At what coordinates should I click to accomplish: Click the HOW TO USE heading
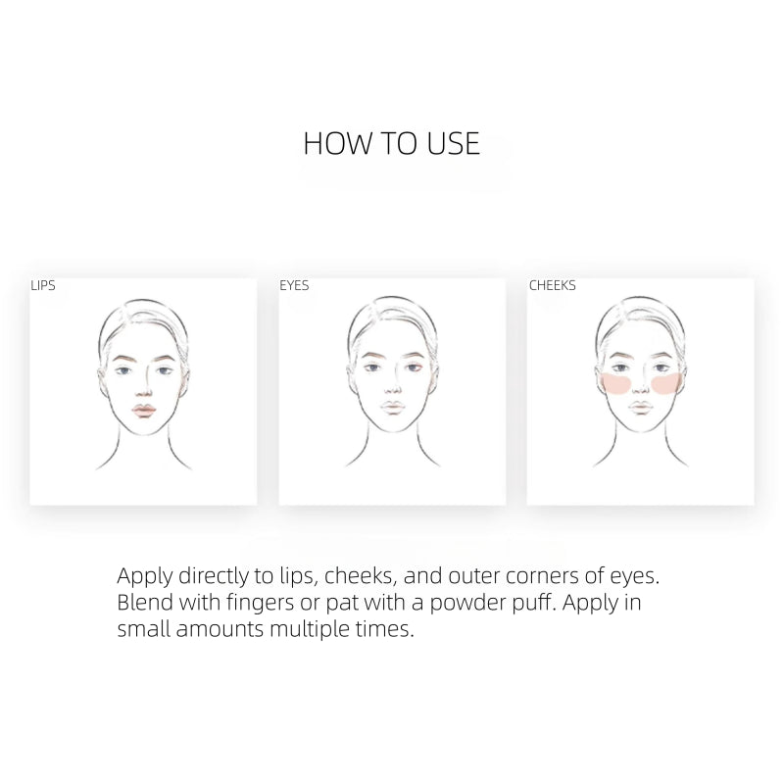click(x=391, y=143)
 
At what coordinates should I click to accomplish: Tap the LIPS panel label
click(x=43, y=285)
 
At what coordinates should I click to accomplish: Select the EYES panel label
click(x=294, y=285)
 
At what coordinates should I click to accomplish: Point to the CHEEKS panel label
click(x=553, y=285)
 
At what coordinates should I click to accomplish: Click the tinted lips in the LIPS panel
click(x=144, y=411)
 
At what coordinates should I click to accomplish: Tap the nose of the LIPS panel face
click(x=144, y=391)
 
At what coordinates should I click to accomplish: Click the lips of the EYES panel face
click(x=393, y=408)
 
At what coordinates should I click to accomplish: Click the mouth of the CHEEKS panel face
click(x=641, y=408)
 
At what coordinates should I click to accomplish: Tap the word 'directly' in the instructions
click(x=213, y=576)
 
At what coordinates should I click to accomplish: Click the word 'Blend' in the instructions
click(x=145, y=602)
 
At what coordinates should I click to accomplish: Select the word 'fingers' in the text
click(x=260, y=603)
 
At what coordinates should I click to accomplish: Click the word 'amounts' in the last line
click(x=220, y=629)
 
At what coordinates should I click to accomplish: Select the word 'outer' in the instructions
click(x=473, y=576)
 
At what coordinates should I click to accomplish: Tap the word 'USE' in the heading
click(x=454, y=143)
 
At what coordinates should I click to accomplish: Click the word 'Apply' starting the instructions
click(x=145, y=576)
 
